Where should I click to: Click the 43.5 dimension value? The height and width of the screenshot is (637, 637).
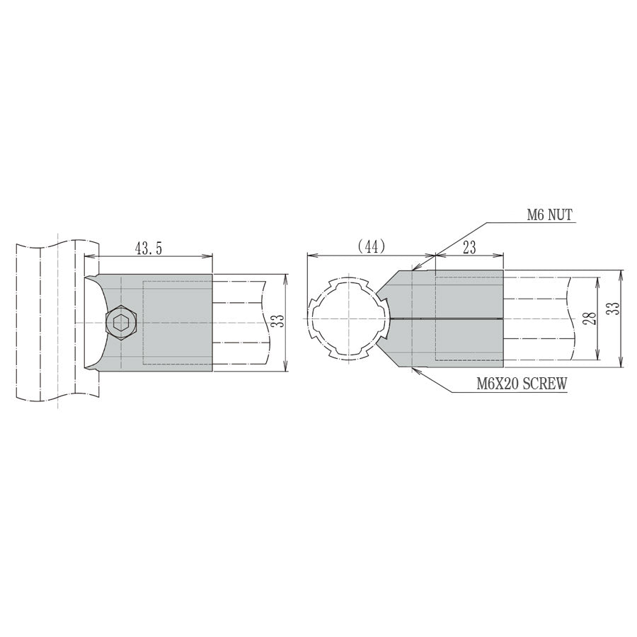[148, 248]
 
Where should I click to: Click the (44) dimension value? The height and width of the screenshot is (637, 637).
[370, 246]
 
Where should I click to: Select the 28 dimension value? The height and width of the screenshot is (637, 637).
[590, 318]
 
